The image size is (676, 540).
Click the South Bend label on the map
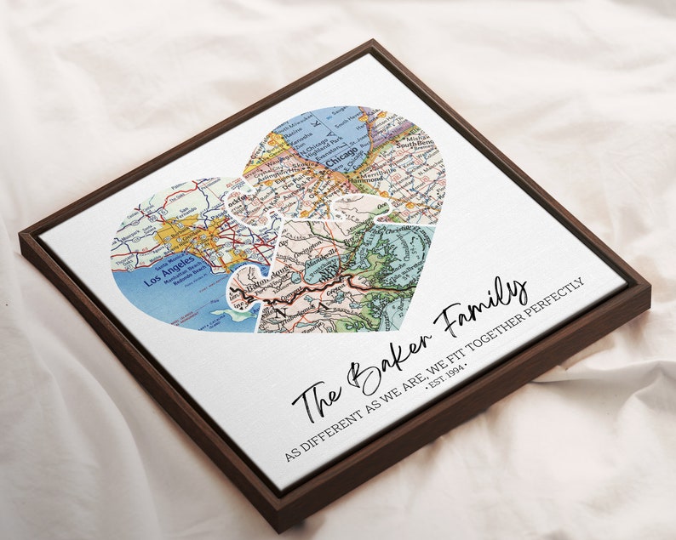coord(426,136)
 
